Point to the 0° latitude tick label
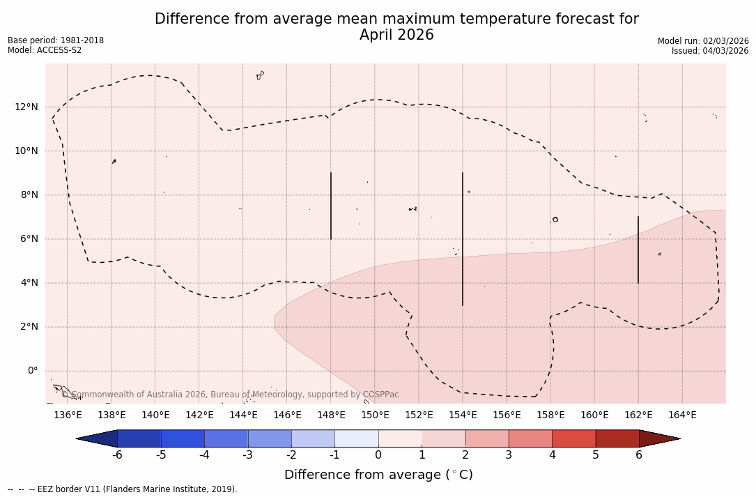click(32, 371)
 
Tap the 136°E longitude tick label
click(68, 415)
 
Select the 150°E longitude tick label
click(375, 415)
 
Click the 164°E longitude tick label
click(682, 415)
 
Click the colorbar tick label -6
click(117, 455)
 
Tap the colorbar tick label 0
click(378, 455)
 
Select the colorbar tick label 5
click(596, 455)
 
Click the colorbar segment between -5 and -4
click(183, 438)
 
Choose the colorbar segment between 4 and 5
click(573, 438)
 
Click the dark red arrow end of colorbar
click(658, 438)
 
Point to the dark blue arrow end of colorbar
click(98, 438)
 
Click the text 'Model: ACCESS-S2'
click(45, 50)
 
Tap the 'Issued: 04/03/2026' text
click(710, 51)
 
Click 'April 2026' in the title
click(396, 35)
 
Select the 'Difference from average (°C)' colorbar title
click(378, 475)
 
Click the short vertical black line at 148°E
click(331, 206)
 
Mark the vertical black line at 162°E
click(638, 250)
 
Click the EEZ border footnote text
click(123, 489)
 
